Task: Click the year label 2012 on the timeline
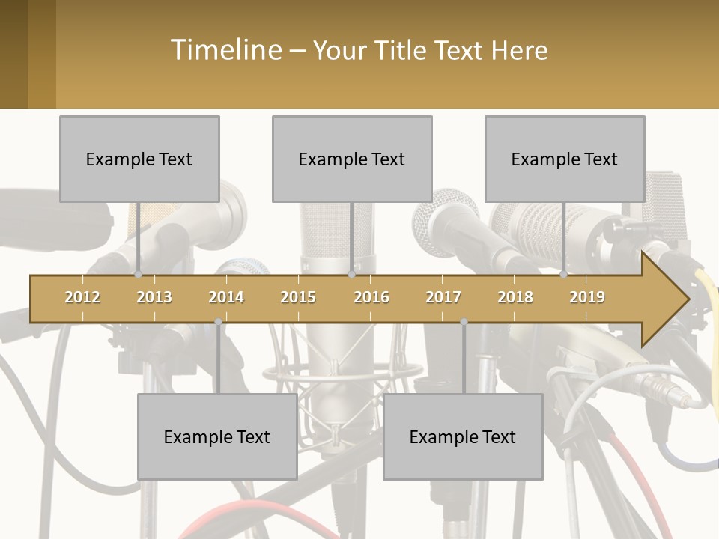[82, 297]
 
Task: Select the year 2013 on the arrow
[154, 297]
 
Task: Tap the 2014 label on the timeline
[226, 297]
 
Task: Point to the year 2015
[298, 297]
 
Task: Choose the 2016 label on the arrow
[371, 297]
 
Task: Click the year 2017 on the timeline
[443, 297]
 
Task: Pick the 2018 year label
[515, 297]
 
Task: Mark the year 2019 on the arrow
[587, 297]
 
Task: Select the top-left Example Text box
[139, 159]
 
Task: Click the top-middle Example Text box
[352, 159]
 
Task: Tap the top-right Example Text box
[565, 159]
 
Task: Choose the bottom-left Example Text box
[217, 436]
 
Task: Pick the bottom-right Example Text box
[463, 436]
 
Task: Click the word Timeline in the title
[225, 50]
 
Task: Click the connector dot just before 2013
[139, 274]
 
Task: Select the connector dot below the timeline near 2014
[218, 322]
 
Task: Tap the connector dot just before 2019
[564, 274]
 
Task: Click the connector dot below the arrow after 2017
[464, 322]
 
